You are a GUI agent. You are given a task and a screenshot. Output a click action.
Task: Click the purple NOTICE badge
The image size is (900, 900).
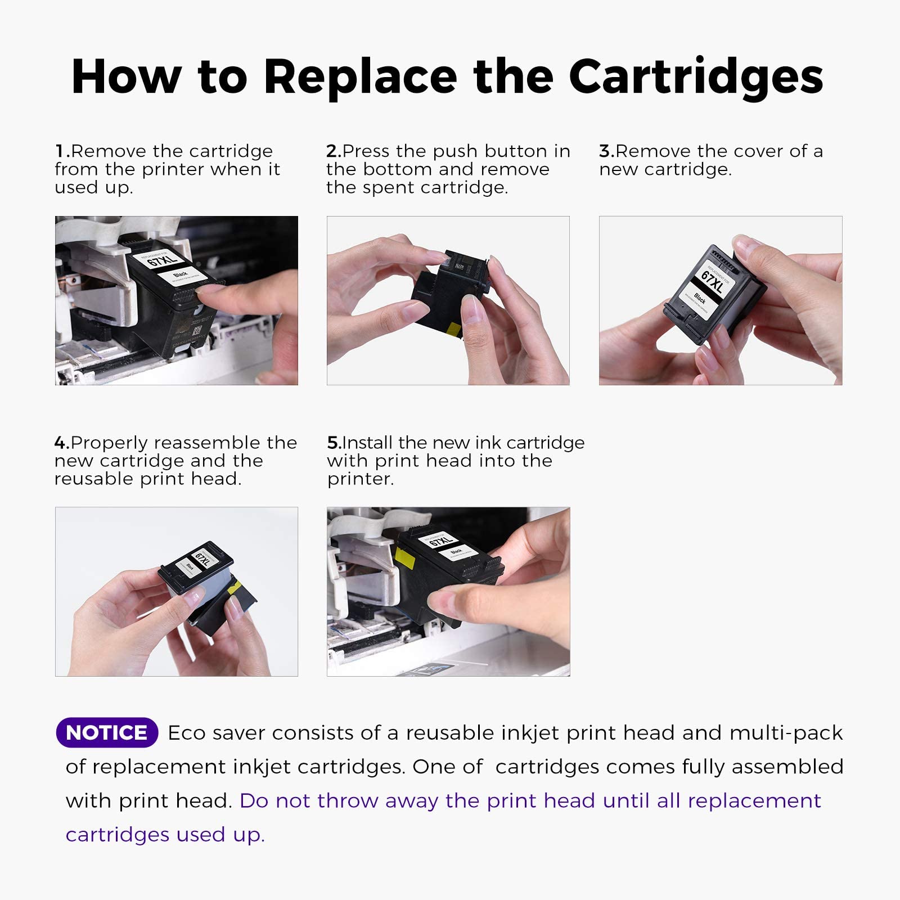point(107,732)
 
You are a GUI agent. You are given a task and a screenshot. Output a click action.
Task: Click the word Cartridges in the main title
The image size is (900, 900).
point(696,77)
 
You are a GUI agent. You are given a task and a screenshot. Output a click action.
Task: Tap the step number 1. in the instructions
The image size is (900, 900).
point(62,151)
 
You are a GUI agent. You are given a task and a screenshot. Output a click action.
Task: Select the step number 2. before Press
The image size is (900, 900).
point(334,151)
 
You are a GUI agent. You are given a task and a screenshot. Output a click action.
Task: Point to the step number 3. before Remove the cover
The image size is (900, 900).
point(606,151)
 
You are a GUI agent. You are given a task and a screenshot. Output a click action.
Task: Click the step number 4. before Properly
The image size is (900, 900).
point(62,443)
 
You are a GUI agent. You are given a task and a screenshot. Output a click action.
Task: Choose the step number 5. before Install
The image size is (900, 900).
point(334,443)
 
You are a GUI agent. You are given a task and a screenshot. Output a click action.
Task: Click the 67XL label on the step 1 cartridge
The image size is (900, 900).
point(161,259)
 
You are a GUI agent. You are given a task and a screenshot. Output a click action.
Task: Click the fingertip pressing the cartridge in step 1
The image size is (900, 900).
point(209,291)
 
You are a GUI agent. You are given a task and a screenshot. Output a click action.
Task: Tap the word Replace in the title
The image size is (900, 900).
point(360,77)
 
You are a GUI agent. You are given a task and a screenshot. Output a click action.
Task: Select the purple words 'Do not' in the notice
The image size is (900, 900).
point(274,800)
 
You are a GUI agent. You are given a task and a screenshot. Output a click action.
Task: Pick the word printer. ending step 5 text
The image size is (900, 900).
point(360,479)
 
